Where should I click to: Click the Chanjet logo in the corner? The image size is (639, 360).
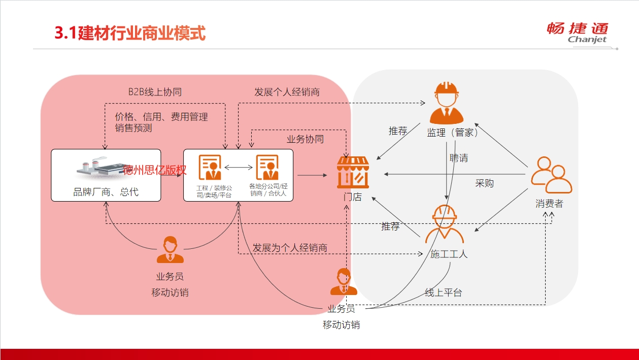(x=578, y=33)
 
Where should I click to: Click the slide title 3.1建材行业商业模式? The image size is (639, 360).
(x=130, y=33)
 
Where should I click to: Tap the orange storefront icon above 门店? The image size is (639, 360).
(x=353, y=172)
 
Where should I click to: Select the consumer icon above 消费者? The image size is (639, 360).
(x=551, y=175)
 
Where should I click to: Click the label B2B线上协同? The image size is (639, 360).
(x=155, y=92)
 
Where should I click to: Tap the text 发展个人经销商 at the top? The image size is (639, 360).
(x=287, y=92)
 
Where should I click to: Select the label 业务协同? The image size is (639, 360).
(x=305, y=139)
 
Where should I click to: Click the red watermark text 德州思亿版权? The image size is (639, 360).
(x=155, y=170)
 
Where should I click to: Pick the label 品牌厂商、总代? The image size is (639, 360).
(x=106, y=192)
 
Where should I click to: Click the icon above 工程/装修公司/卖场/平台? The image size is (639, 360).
(x=210, y=167)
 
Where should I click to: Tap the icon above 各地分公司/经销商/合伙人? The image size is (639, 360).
(x=267, y=167)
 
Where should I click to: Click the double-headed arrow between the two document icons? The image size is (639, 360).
(x=239, y=168)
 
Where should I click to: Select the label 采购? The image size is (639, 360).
(x=484, y=183)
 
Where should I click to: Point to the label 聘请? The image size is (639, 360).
(x=459, y=158)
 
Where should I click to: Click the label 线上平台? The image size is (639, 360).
(x=443, y=292)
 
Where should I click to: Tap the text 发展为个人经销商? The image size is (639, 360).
(x=290, y=247)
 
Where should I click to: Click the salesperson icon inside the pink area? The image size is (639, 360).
(x=170, y=249)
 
